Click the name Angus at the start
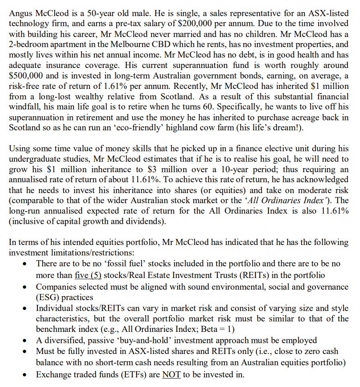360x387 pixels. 20,13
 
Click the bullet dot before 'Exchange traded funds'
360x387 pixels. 26,375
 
